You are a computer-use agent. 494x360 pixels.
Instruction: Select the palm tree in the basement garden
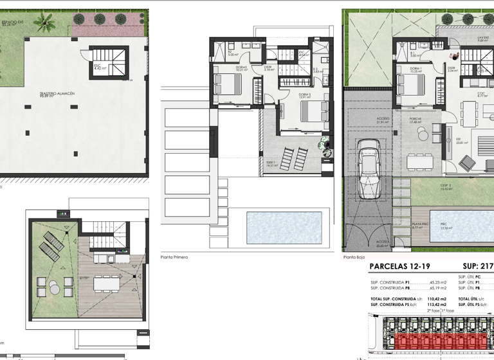[44, 23]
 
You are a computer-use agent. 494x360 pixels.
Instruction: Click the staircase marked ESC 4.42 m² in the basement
[102, 62]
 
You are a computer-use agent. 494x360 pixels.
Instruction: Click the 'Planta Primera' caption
[174, 256]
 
